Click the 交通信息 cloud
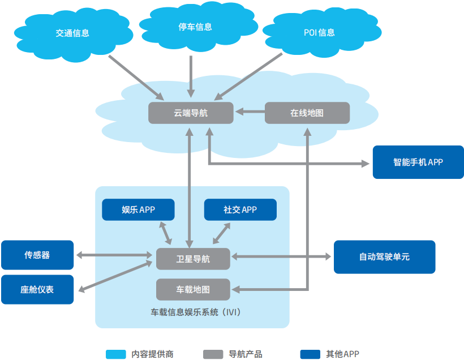point(72,33)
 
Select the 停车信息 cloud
point(191,27)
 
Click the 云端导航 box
point(191,113)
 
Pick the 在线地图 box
point(307,113)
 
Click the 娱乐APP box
point(138,209)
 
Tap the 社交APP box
point(240,209)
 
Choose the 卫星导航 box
point(192,259)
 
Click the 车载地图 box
point(192,289)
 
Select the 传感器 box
point(37,255)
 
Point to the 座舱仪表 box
point(37,289)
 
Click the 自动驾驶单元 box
point(384,257)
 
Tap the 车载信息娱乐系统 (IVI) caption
point(192,311)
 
